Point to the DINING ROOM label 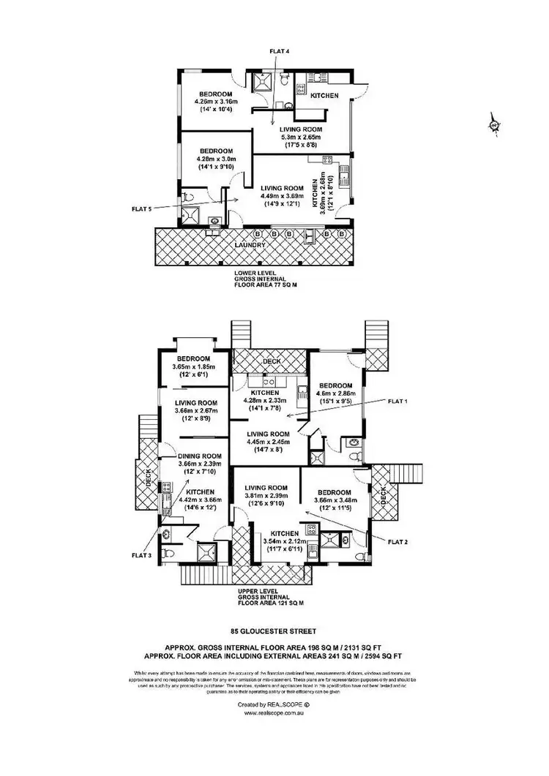point(200,456)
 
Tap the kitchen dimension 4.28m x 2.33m point(267,401)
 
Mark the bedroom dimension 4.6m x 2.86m point(335,393)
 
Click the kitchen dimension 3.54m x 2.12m point(281,541)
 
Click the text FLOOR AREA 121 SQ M point(270,603)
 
